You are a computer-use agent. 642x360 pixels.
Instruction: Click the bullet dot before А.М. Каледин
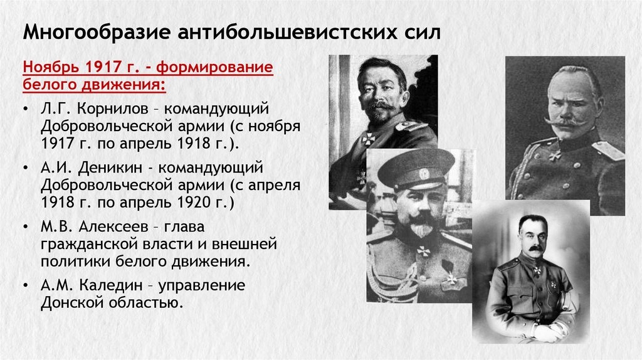point(24,286)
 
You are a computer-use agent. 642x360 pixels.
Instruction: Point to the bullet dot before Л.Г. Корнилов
point(24,109)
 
